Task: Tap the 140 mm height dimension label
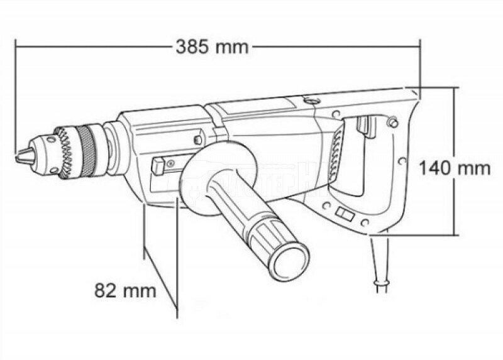click(455, 168)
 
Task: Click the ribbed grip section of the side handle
click(265, 233)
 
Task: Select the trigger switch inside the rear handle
click(363, 127)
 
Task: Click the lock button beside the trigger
click(393, 121)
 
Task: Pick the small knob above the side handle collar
click(199, 139)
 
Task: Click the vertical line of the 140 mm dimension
click(455, 207)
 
